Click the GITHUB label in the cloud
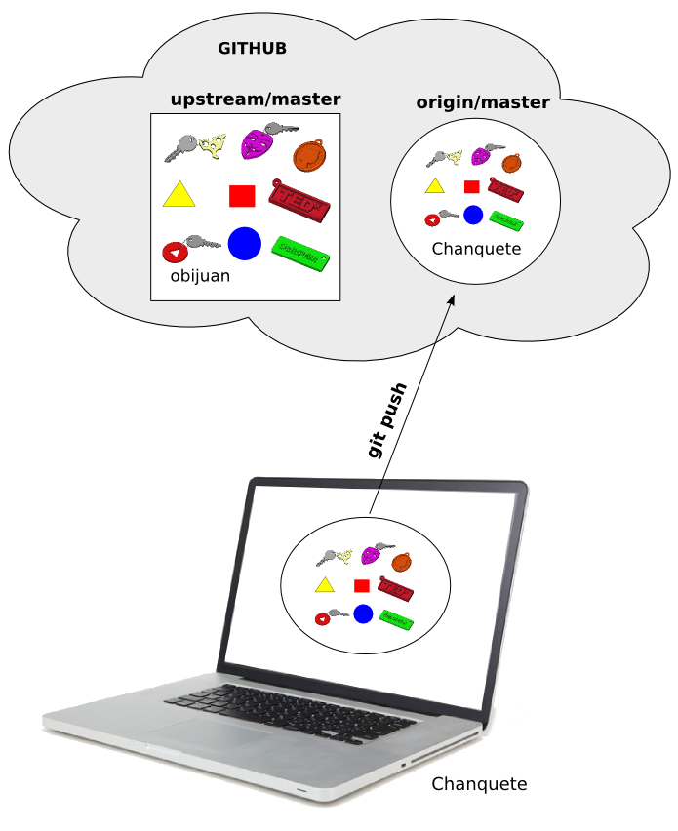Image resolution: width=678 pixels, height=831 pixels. [252, 48]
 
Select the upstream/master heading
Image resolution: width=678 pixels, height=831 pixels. [255, 99]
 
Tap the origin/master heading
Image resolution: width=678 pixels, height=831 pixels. [483, 102]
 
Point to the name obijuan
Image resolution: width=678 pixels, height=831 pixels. [200, 276]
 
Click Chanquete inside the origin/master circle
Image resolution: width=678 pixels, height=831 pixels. [476, 249]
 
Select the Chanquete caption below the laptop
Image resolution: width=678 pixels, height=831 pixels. [479, 784]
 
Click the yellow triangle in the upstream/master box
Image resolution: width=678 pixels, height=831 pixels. [179, 196]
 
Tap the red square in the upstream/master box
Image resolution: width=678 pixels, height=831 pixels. [242, 196]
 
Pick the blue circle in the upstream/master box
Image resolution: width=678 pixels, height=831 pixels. [244, 243]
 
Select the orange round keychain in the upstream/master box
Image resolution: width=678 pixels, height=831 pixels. [309, 154]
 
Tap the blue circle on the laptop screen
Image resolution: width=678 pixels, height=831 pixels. [363, 613]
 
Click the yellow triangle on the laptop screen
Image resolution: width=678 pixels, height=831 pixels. [324, 585]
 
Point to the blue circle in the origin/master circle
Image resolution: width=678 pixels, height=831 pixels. [473, 215]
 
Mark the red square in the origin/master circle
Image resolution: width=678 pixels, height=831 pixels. [472, 186]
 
